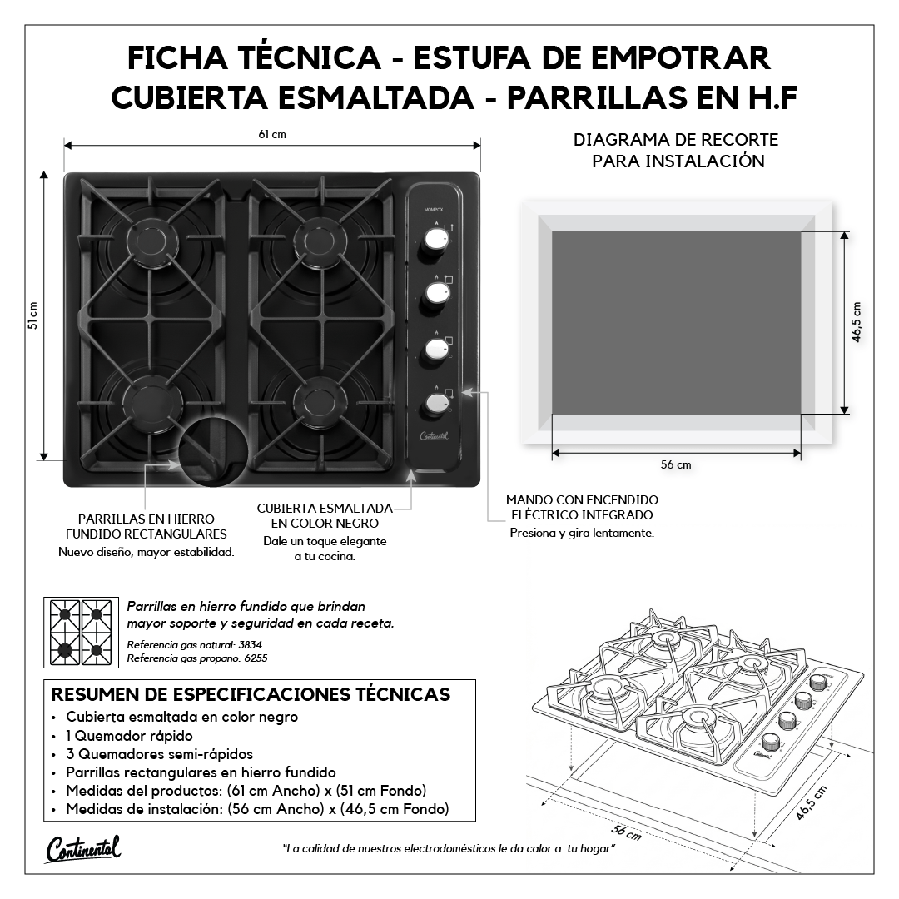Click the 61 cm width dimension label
[271, 135]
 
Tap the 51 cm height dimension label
[32, 315]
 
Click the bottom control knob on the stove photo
[438, 404]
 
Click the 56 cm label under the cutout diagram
[676, 465]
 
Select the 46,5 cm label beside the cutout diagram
[857, 322]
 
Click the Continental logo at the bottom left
[84, 848]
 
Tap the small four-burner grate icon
[81, 633]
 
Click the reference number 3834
[250, 644]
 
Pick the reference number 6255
[256, 658]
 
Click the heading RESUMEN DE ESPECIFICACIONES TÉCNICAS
[251, 694]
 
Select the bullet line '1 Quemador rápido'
[129, 736]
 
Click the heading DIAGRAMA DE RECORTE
[676, 140]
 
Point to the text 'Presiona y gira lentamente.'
[582, 534]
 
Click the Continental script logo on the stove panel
[434, 436]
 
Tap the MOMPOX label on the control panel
[434, 210]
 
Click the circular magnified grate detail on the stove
[213, 451]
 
